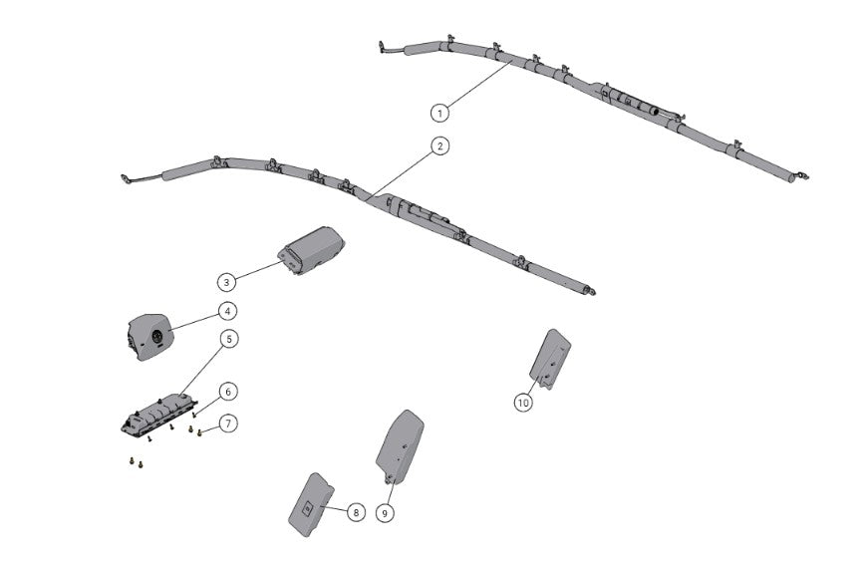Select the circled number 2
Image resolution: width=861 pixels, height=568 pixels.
click(439, 146)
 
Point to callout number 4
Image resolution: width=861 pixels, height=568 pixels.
click(228, 311)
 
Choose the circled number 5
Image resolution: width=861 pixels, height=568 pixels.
click(229, 340)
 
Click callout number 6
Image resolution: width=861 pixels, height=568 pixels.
click(228, 392)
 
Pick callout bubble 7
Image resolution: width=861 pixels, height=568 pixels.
click(229, 424)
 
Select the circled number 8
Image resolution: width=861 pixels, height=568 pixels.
click(355, 512)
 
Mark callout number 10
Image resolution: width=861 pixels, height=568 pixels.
click(523, 403)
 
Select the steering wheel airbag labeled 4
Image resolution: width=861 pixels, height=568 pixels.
click(150, 333)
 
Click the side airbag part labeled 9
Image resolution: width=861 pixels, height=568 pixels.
click(402, 444)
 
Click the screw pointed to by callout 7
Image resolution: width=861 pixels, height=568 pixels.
click(201, 432)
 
